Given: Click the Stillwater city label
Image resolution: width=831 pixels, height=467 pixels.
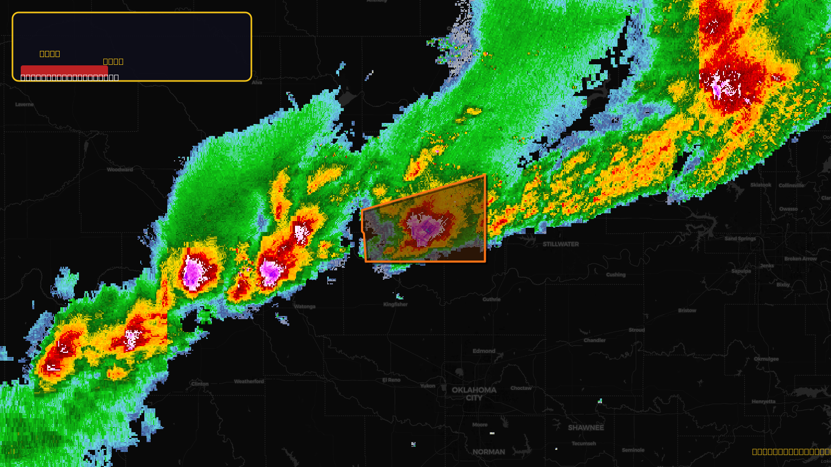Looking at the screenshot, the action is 560,244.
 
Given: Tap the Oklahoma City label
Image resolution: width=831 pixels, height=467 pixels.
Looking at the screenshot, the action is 474,393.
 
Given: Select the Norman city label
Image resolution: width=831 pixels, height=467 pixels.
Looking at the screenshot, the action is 488,452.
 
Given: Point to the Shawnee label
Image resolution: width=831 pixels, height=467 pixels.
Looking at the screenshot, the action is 586,428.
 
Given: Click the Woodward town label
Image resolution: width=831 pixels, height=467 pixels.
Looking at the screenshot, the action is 120,170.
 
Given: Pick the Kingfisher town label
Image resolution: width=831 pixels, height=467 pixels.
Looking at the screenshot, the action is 395,305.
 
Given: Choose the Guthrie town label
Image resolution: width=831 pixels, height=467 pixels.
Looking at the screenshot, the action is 491,299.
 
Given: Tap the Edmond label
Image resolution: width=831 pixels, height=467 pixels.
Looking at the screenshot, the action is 484,351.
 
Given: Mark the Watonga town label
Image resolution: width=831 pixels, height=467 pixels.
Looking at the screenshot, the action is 304,307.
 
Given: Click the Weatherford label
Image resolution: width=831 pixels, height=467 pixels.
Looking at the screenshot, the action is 249,381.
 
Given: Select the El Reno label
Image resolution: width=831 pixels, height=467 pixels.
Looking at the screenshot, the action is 391,380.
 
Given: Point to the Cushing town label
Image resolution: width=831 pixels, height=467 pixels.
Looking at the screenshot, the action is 615,274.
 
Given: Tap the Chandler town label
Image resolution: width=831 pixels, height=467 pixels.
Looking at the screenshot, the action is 595,340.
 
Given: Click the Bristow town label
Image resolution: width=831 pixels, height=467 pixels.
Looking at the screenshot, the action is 687,310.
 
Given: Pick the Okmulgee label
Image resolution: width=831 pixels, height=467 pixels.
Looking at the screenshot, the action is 766,359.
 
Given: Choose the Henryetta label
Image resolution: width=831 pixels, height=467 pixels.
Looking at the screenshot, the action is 763,402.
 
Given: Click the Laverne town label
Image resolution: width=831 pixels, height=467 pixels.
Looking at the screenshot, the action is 24,104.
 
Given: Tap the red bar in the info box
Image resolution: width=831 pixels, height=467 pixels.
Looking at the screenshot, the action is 64,70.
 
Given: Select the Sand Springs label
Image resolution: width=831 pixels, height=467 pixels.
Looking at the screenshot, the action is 740,239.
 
